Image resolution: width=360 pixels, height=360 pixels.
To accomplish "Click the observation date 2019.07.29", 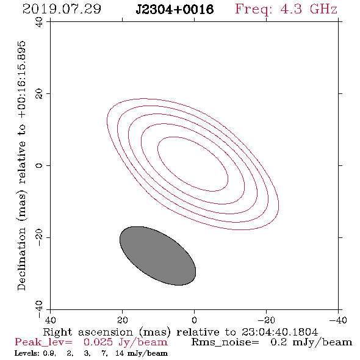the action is tap(62, 9).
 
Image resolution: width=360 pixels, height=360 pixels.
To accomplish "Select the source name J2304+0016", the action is tap(175, 10).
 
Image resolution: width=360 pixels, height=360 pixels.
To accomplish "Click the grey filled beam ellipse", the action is tap(158, 256).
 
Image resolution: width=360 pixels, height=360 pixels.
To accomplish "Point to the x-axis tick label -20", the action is tap(266, 320).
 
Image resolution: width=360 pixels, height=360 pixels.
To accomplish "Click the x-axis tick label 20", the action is tap(122, 320).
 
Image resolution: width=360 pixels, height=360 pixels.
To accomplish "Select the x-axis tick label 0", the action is tap(194, 320).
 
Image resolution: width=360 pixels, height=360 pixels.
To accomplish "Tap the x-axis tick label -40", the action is tap(338, 320).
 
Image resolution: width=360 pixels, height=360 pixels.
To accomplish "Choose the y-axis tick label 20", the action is tap(39, 94).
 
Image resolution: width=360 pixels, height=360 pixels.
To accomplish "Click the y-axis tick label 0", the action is tap(39, 165).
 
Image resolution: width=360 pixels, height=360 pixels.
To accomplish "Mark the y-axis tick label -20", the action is tap(39, 237).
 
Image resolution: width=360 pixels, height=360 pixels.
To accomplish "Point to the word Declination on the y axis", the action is tap(21, 259).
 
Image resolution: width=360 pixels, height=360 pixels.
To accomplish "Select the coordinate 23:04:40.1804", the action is tap(279, 332).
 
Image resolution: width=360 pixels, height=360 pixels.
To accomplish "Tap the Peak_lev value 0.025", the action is tap(98, 342).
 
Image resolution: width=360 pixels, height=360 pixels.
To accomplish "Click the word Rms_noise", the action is tap(225, 342).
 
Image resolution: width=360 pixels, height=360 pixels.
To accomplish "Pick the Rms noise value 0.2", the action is tap(279, 342).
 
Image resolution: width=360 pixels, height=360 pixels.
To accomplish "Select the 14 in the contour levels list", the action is tap(120, 353).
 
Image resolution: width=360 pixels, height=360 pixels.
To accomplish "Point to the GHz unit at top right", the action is tap(324, 9).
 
